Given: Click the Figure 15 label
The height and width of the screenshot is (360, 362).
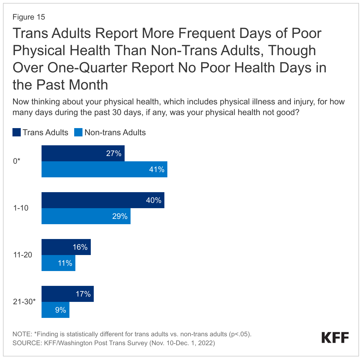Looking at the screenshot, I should pyautogui.click(x=29, y=17).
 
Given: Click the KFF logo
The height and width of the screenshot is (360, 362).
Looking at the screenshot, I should pyautogui.click(x=335, y=338).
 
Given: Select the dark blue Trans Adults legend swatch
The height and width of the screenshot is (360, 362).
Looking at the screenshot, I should pyautogui.click(x=16, y=132).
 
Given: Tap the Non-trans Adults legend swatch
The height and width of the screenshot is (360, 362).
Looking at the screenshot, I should pyautogui.click(x=78, y=132).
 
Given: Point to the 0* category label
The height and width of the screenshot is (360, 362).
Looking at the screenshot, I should pyautogui.click(x=17, y=161).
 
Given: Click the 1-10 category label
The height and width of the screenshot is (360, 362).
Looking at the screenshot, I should pyautogui.click(x=21, y=208).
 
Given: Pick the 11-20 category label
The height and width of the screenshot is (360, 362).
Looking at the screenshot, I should pyautogui.click(x=23, y=255).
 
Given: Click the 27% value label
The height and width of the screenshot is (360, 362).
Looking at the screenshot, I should pyautogui.click(x=114, y=153).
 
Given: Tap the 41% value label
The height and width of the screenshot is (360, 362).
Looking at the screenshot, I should pyautogui.click(x=157, y=169).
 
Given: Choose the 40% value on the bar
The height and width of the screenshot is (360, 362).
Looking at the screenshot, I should pyautogui.click(x=154, y=200).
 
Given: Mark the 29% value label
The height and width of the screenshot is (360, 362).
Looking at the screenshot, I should pyautogui.click(x=120, y=216).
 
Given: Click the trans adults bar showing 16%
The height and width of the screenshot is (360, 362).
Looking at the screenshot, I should pyautogui.click(x=66, y=247).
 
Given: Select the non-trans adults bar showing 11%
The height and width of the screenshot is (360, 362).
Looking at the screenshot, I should pyautogui.click(x=58, y=263).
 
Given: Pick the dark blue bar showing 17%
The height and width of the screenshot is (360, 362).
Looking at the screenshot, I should pyautogui.click(x=67, y=294).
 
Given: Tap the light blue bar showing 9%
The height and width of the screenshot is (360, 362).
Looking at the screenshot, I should pyautogui.click(x=55, y=310).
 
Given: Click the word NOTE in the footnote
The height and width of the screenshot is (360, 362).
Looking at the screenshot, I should pyautogui.click(x=22, y=334).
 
